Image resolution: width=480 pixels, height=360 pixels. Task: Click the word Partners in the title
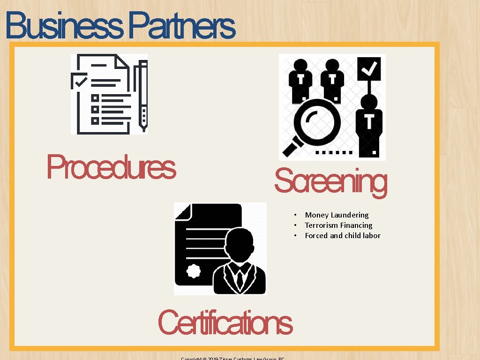[x=182, y=26]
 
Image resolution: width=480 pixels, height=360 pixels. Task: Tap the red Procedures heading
[x=111, y=167]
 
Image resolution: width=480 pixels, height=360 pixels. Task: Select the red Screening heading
[x=330, y=182]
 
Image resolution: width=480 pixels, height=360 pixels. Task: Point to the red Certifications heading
[x=225, y=322]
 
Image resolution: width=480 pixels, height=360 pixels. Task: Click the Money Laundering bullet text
[x=337, y=215]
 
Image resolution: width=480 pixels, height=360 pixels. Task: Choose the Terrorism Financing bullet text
[x=338, y=225]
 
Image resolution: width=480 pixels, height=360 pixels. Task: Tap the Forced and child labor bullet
[x=343, y=235]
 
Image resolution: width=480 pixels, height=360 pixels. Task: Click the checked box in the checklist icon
[x=79, y=81]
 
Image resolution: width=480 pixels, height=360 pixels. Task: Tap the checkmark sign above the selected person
[x=369, y=69]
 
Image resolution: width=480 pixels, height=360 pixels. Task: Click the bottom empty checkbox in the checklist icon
[x=95, y=120]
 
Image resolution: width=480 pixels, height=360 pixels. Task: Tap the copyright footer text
[x=233, y=358]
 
